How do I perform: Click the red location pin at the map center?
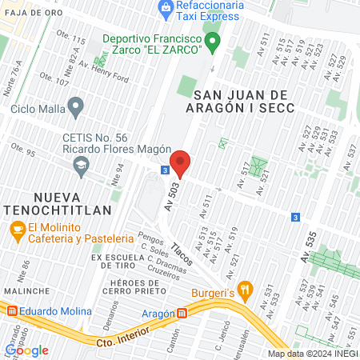180,162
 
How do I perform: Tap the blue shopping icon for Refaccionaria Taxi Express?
166,10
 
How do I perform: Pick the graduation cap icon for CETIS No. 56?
81,166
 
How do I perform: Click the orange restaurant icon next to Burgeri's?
247,290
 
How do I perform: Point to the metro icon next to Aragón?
182,314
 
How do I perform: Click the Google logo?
26,350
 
